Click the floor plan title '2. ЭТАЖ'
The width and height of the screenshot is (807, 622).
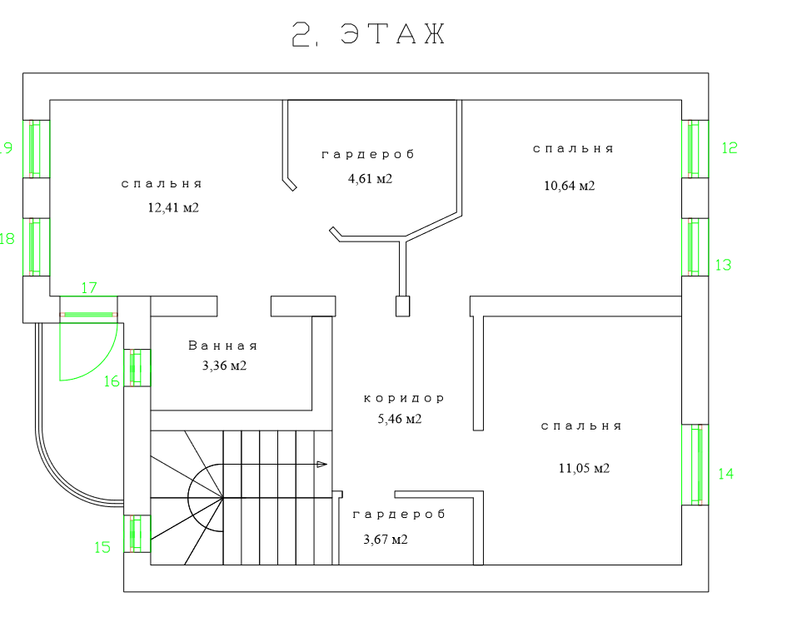[x=370, y=34]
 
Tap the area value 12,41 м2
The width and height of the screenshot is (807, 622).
[x=173, y=208]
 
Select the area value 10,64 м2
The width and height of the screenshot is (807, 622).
[x=570, y=186]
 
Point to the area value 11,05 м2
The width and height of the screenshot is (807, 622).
[x=584, y=468]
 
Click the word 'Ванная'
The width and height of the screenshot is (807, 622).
[x=223, y=346]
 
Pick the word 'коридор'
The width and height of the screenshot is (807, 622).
[x=405, y=399]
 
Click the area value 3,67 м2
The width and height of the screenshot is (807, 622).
[x=386, y=540]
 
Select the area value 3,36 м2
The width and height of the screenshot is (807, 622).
[x=224, y=366]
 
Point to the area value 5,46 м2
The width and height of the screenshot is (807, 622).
[x=400, y=419]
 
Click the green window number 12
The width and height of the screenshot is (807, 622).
[x=730, y=148]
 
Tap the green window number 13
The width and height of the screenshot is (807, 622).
[x=723, y=265]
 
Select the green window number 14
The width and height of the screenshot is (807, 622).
[x=725, y=474]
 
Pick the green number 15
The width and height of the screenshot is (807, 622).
[x=102, y=547]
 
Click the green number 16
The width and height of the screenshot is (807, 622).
[x=112, y=381]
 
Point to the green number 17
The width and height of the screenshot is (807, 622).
[x=89, y=288]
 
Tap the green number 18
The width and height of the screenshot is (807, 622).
[x=7, y=239]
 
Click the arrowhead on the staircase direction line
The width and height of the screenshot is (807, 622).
[x=322, y=464]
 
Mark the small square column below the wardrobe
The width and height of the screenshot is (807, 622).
[x=403, y=306]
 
